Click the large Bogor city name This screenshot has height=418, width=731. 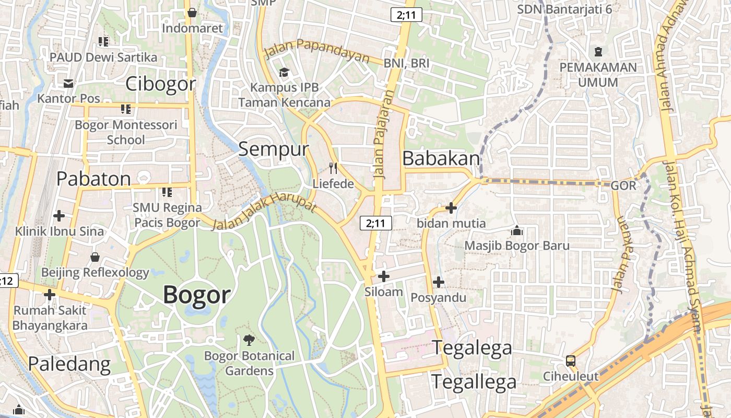coord(196,295)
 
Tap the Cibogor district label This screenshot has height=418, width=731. coord(161,84)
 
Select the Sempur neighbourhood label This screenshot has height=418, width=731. coord(274,149)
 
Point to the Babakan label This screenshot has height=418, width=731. coord(441,158)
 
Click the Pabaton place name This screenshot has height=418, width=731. coord(93,179)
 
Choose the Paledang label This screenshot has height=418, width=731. coord(69,364)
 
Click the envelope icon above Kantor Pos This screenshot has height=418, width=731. coord(68,83)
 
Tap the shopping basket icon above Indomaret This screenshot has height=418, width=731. coord(192,13)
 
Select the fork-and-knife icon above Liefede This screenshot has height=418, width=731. coord(333,168)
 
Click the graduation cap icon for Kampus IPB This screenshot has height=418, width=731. coord(284,72)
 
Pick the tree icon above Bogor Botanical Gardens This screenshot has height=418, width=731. coord(249,340)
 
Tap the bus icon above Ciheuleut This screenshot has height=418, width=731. coord(571,361)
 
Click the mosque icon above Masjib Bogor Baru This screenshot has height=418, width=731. coord(517,230)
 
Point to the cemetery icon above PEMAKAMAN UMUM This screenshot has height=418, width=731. coord(598,52)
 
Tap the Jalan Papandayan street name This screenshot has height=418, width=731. coord(317,50)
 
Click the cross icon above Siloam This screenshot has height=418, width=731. coord(384,276)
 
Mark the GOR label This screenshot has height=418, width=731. coord(623,185)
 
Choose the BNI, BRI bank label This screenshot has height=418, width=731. coord(406,63)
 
